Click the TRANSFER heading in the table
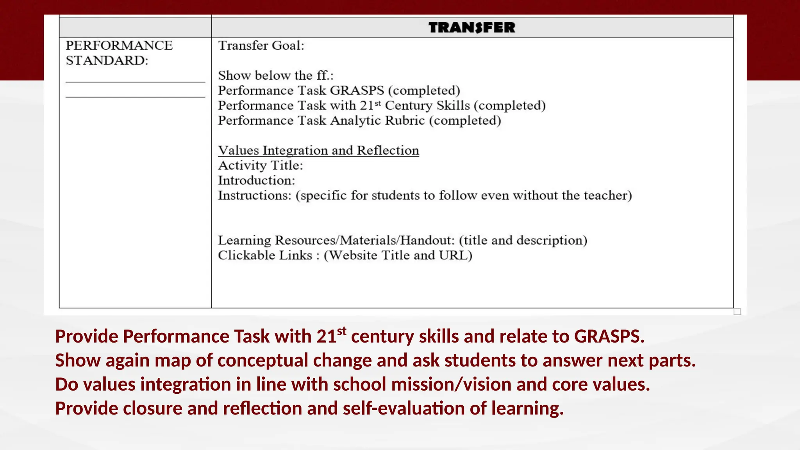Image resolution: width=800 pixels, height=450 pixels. tap(472, 28)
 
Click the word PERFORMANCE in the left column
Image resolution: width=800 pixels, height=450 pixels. tap(119, 45)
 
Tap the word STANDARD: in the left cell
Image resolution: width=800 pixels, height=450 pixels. tap(107, 61)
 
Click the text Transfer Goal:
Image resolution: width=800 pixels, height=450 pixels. tap(261, 46)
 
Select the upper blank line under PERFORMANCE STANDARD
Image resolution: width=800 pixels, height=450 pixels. tap(135, 82)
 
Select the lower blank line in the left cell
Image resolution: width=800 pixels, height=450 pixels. tap(135, 96)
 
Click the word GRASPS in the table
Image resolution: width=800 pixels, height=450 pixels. tap(357, 91)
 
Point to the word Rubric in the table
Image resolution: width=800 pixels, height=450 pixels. tap(405, 121)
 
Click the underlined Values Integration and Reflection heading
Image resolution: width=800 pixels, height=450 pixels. tap(318, 150)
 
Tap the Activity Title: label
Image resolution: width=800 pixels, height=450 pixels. tap(260, 166)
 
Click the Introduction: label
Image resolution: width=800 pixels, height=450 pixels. tap(256, 180)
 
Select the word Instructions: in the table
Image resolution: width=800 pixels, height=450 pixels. tap(254, 195)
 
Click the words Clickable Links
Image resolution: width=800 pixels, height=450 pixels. tap(265, 255)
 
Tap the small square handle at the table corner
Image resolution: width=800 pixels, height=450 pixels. tap(737, 312)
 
